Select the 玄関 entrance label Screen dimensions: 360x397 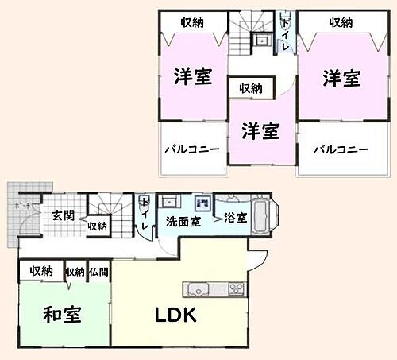tap(63, 215)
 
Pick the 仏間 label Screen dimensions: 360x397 tap(99, 272)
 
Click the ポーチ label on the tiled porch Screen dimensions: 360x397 tap(21, 204)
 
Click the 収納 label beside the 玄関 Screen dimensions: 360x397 tap(98, 226)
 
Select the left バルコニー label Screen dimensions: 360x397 tap(186, 149)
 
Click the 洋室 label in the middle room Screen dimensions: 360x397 tap(260, 130)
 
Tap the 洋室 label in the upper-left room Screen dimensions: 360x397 tap(193, 78)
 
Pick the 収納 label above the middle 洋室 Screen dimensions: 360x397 tap(251, 88)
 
